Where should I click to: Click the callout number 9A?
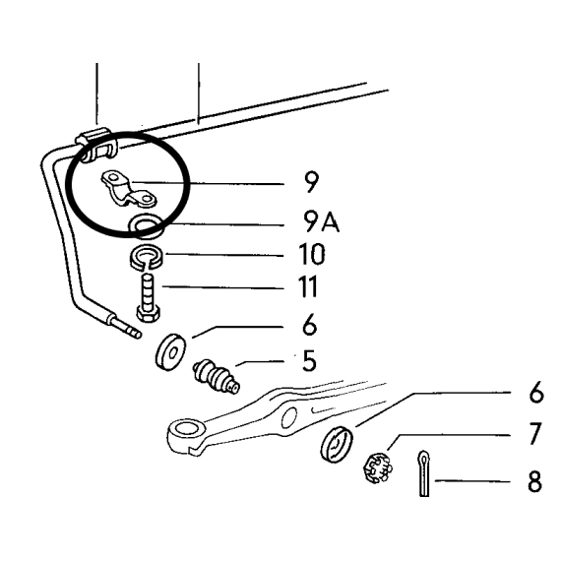click(320, 221)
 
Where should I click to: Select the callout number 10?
click(312, 254)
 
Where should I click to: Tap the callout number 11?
click(308, 286)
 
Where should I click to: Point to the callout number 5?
click(309, 360)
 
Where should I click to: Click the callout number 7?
click(534, 434)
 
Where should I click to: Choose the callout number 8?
click(534, 481)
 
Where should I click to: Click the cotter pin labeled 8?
click(424, 473)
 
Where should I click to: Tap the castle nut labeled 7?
click(376, 467)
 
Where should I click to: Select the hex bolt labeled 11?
click(148, 297)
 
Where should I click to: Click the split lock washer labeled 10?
click(146, 258)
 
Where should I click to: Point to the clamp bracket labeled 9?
click(129, 189)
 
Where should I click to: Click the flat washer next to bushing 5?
click(170, 352)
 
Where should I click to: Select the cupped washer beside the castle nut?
click(337, 443)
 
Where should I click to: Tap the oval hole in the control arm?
click(289, 417)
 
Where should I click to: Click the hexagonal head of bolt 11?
click(148, 315)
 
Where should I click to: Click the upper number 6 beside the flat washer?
click(309, 325)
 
